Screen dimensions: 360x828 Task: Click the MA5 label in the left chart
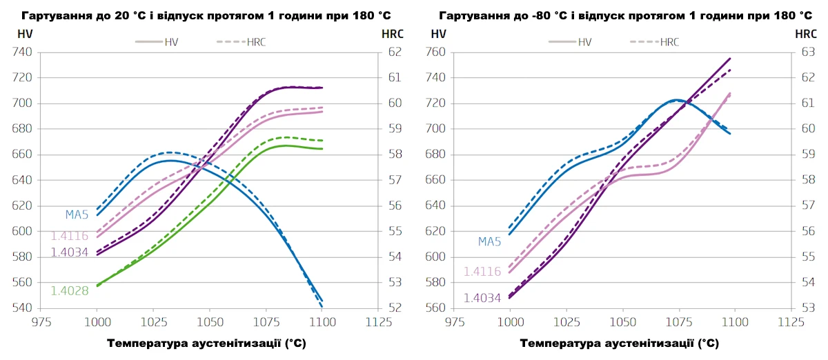tap(77, 214)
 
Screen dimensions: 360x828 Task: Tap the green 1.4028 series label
tap(70, 291)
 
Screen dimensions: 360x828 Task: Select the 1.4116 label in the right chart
tap(482, 272)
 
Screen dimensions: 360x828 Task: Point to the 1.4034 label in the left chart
tap(70, 252)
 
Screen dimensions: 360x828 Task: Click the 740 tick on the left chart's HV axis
tap(23, 52)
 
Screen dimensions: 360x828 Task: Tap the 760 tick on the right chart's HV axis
tap(436, 52)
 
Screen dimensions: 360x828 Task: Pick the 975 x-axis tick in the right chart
tap(454, 322)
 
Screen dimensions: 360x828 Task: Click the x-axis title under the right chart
tap(619, 343)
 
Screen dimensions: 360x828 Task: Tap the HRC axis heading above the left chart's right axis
tap(392, 33)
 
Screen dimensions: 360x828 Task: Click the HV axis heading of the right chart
tap(437, 33)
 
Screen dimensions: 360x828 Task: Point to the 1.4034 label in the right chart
tap(482, 299)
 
